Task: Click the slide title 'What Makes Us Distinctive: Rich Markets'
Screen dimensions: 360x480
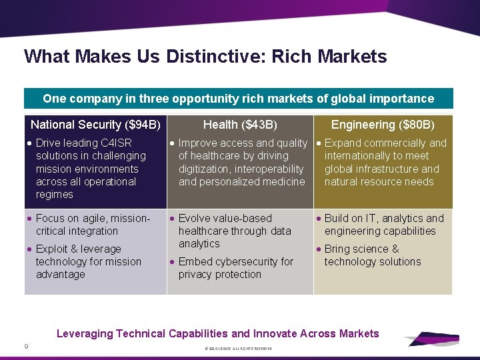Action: [205, 56]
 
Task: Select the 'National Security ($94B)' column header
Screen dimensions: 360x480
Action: [95, 125]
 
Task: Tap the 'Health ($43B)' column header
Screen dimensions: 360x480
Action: [240, 125]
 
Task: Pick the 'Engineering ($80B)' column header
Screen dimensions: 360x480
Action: [383, 125]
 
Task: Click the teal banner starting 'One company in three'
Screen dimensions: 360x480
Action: [238, 99]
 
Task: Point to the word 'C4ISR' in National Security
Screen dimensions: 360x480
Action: [116, 143]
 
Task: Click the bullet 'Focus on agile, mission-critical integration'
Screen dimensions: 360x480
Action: [93, 225]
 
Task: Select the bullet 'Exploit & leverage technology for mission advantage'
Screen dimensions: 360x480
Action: [88, 261]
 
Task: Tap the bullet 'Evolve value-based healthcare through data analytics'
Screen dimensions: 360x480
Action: [234, 231]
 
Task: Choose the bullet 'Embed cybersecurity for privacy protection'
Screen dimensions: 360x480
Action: [235, 268]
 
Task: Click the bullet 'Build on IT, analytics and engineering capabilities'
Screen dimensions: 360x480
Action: [383, 225]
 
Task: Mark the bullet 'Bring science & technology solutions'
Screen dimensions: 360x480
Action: [372, 255]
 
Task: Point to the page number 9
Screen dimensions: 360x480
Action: [26, 346]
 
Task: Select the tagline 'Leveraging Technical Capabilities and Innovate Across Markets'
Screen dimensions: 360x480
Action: [217, 333]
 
